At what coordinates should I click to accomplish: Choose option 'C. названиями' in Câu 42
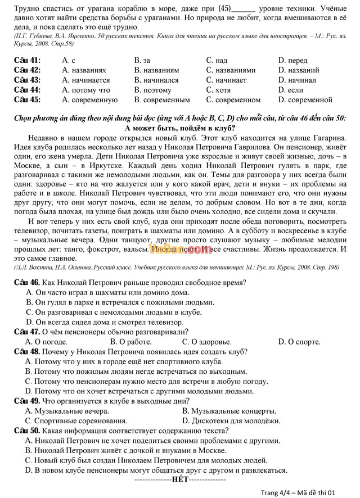231,70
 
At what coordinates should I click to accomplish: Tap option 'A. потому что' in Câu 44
86,90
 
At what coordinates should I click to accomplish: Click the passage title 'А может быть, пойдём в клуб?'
179,127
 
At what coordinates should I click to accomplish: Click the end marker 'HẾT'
180,479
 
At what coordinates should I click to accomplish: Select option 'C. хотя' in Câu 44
218,90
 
